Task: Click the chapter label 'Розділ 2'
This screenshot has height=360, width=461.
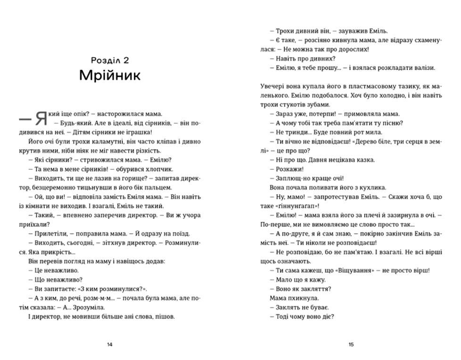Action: tap(109, 60)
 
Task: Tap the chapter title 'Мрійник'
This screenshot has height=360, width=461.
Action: tap(109, 75)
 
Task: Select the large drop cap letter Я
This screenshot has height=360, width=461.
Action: tap(41, 118)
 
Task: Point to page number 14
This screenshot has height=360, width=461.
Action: tap(109, 344)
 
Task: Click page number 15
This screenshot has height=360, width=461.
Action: tap(351, 344)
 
